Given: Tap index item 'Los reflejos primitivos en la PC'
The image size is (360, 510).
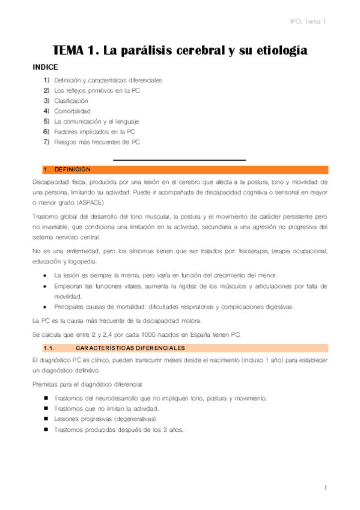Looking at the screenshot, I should point(97,90).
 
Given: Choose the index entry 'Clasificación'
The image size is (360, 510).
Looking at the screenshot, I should point(71,100).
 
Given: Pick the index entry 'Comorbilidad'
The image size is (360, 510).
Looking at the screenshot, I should point(72,111).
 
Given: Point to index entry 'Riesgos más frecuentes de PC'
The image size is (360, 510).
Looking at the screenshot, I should point(96,142).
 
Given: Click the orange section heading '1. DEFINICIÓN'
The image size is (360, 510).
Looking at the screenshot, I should point(67,170).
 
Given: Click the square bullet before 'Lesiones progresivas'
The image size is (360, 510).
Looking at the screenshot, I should point(46,419).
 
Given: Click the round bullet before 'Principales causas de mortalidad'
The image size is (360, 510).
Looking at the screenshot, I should point(46,307).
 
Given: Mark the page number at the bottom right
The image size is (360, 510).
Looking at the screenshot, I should point(325,487).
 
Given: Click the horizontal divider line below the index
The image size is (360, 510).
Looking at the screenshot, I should point(180,160).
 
